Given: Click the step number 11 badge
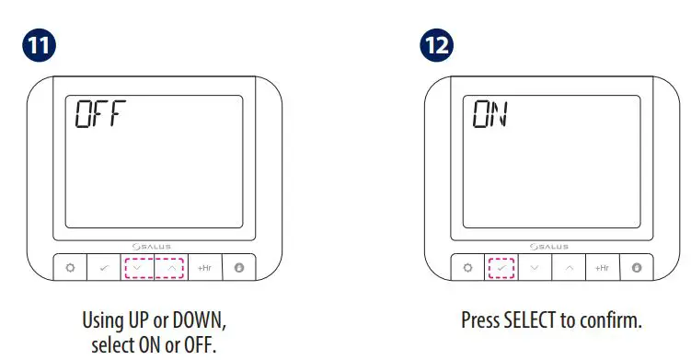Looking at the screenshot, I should (x=39, y=45).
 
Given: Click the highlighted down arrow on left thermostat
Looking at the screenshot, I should (x=138, y=268).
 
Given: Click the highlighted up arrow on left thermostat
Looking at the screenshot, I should (x=171, y=268).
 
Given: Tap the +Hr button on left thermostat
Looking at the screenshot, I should (x=204, y=268).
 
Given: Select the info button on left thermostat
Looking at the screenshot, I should (x=237, y=268).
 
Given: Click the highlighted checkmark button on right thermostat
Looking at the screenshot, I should (x=501, y=268).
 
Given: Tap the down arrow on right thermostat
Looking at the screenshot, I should (x=535, y=268).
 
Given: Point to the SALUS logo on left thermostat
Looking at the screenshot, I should (x=154, y=246).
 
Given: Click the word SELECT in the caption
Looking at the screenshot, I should (x=531, y=321).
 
